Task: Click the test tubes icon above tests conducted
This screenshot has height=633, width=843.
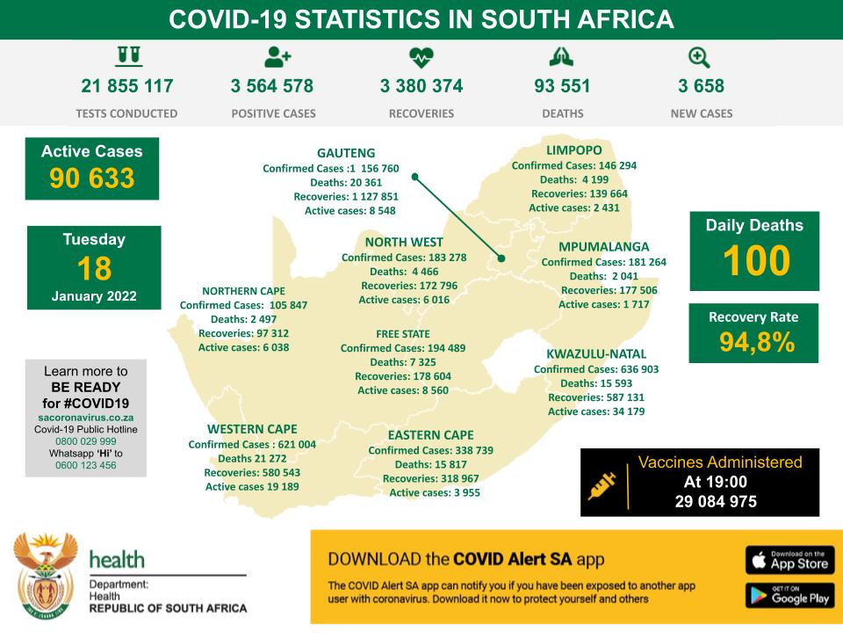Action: coord(128,57)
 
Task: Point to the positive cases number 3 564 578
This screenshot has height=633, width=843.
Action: coord(272,86)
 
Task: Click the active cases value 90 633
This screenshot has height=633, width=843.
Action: coord(92,178)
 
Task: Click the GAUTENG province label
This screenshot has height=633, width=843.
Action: coord(346,152)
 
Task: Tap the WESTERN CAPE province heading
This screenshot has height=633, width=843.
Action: coord(252,429)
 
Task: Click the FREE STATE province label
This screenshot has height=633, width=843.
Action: coord(403,334)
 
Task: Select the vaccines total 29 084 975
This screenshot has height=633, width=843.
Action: coord(716,501)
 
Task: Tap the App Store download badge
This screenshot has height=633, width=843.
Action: coord(789,560)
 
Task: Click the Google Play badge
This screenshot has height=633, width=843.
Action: coord(789,595)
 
